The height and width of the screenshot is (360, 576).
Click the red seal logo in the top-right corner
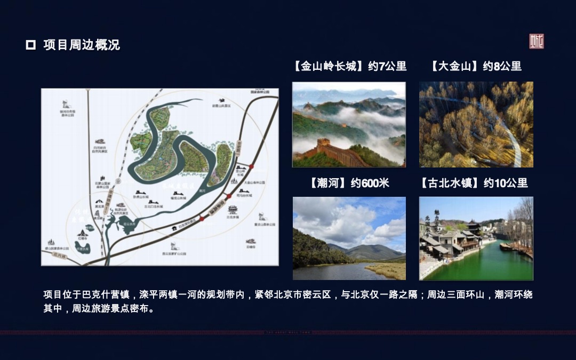click(536, 42)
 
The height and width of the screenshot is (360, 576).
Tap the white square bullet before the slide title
click(30, 45)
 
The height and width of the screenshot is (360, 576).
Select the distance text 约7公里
click(387, 67)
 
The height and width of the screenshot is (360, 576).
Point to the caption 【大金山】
click(455, 67)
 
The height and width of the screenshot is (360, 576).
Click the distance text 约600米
click(370, 183)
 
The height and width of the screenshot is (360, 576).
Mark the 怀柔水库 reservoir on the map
click(82, 249)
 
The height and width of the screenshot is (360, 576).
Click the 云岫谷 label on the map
click(251, 247)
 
